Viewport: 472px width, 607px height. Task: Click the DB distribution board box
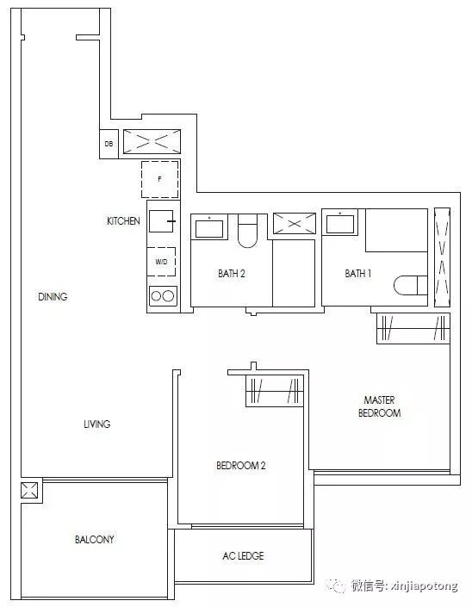pyautogui.click(x=109, y=144)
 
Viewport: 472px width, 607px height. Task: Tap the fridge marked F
pyautogui.click(x=160, y=179)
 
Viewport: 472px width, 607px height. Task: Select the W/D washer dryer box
pyautogui.click(x=161, y=262)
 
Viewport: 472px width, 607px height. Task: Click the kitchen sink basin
pyautogui.click(x=161, y=221)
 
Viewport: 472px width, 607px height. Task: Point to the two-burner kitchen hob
pyautogui.click(x=163, y=296)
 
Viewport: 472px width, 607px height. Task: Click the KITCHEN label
pyautogui.click(x=123, y=221)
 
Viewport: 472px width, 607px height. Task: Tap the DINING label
pyautogui.click(x=53, y=297)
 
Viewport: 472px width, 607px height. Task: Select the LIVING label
pyautogui.click(x=96, y=424)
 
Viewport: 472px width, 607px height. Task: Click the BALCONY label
pyautogui.click(x=95, y=539)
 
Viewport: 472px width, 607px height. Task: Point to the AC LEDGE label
pyautogui.click(x=243, y=556)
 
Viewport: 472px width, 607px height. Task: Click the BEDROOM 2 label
pyautogui.click(x=241, y=465)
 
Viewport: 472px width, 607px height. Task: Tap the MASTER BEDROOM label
pyautogui.click(x=380, y=406)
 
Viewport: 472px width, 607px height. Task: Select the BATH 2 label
pyautogui.click(x=232, y=274)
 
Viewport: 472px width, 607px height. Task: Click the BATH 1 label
pyautogui.click(x=358, y=274)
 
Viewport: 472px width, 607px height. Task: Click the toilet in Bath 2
pyautogui.click(x=247, y=231)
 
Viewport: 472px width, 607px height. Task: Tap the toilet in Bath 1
pyautogui.click(x=411, y=285)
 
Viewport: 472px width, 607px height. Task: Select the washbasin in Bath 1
pyautogui.click(x=340, y=224)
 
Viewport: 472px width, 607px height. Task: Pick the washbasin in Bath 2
pyautogui.click(x=209, y=228)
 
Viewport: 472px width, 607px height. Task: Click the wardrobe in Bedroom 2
pyautogui.click(x=275, y=391)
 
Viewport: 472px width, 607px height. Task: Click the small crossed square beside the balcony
pyautogui.click(x=29, y=490)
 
